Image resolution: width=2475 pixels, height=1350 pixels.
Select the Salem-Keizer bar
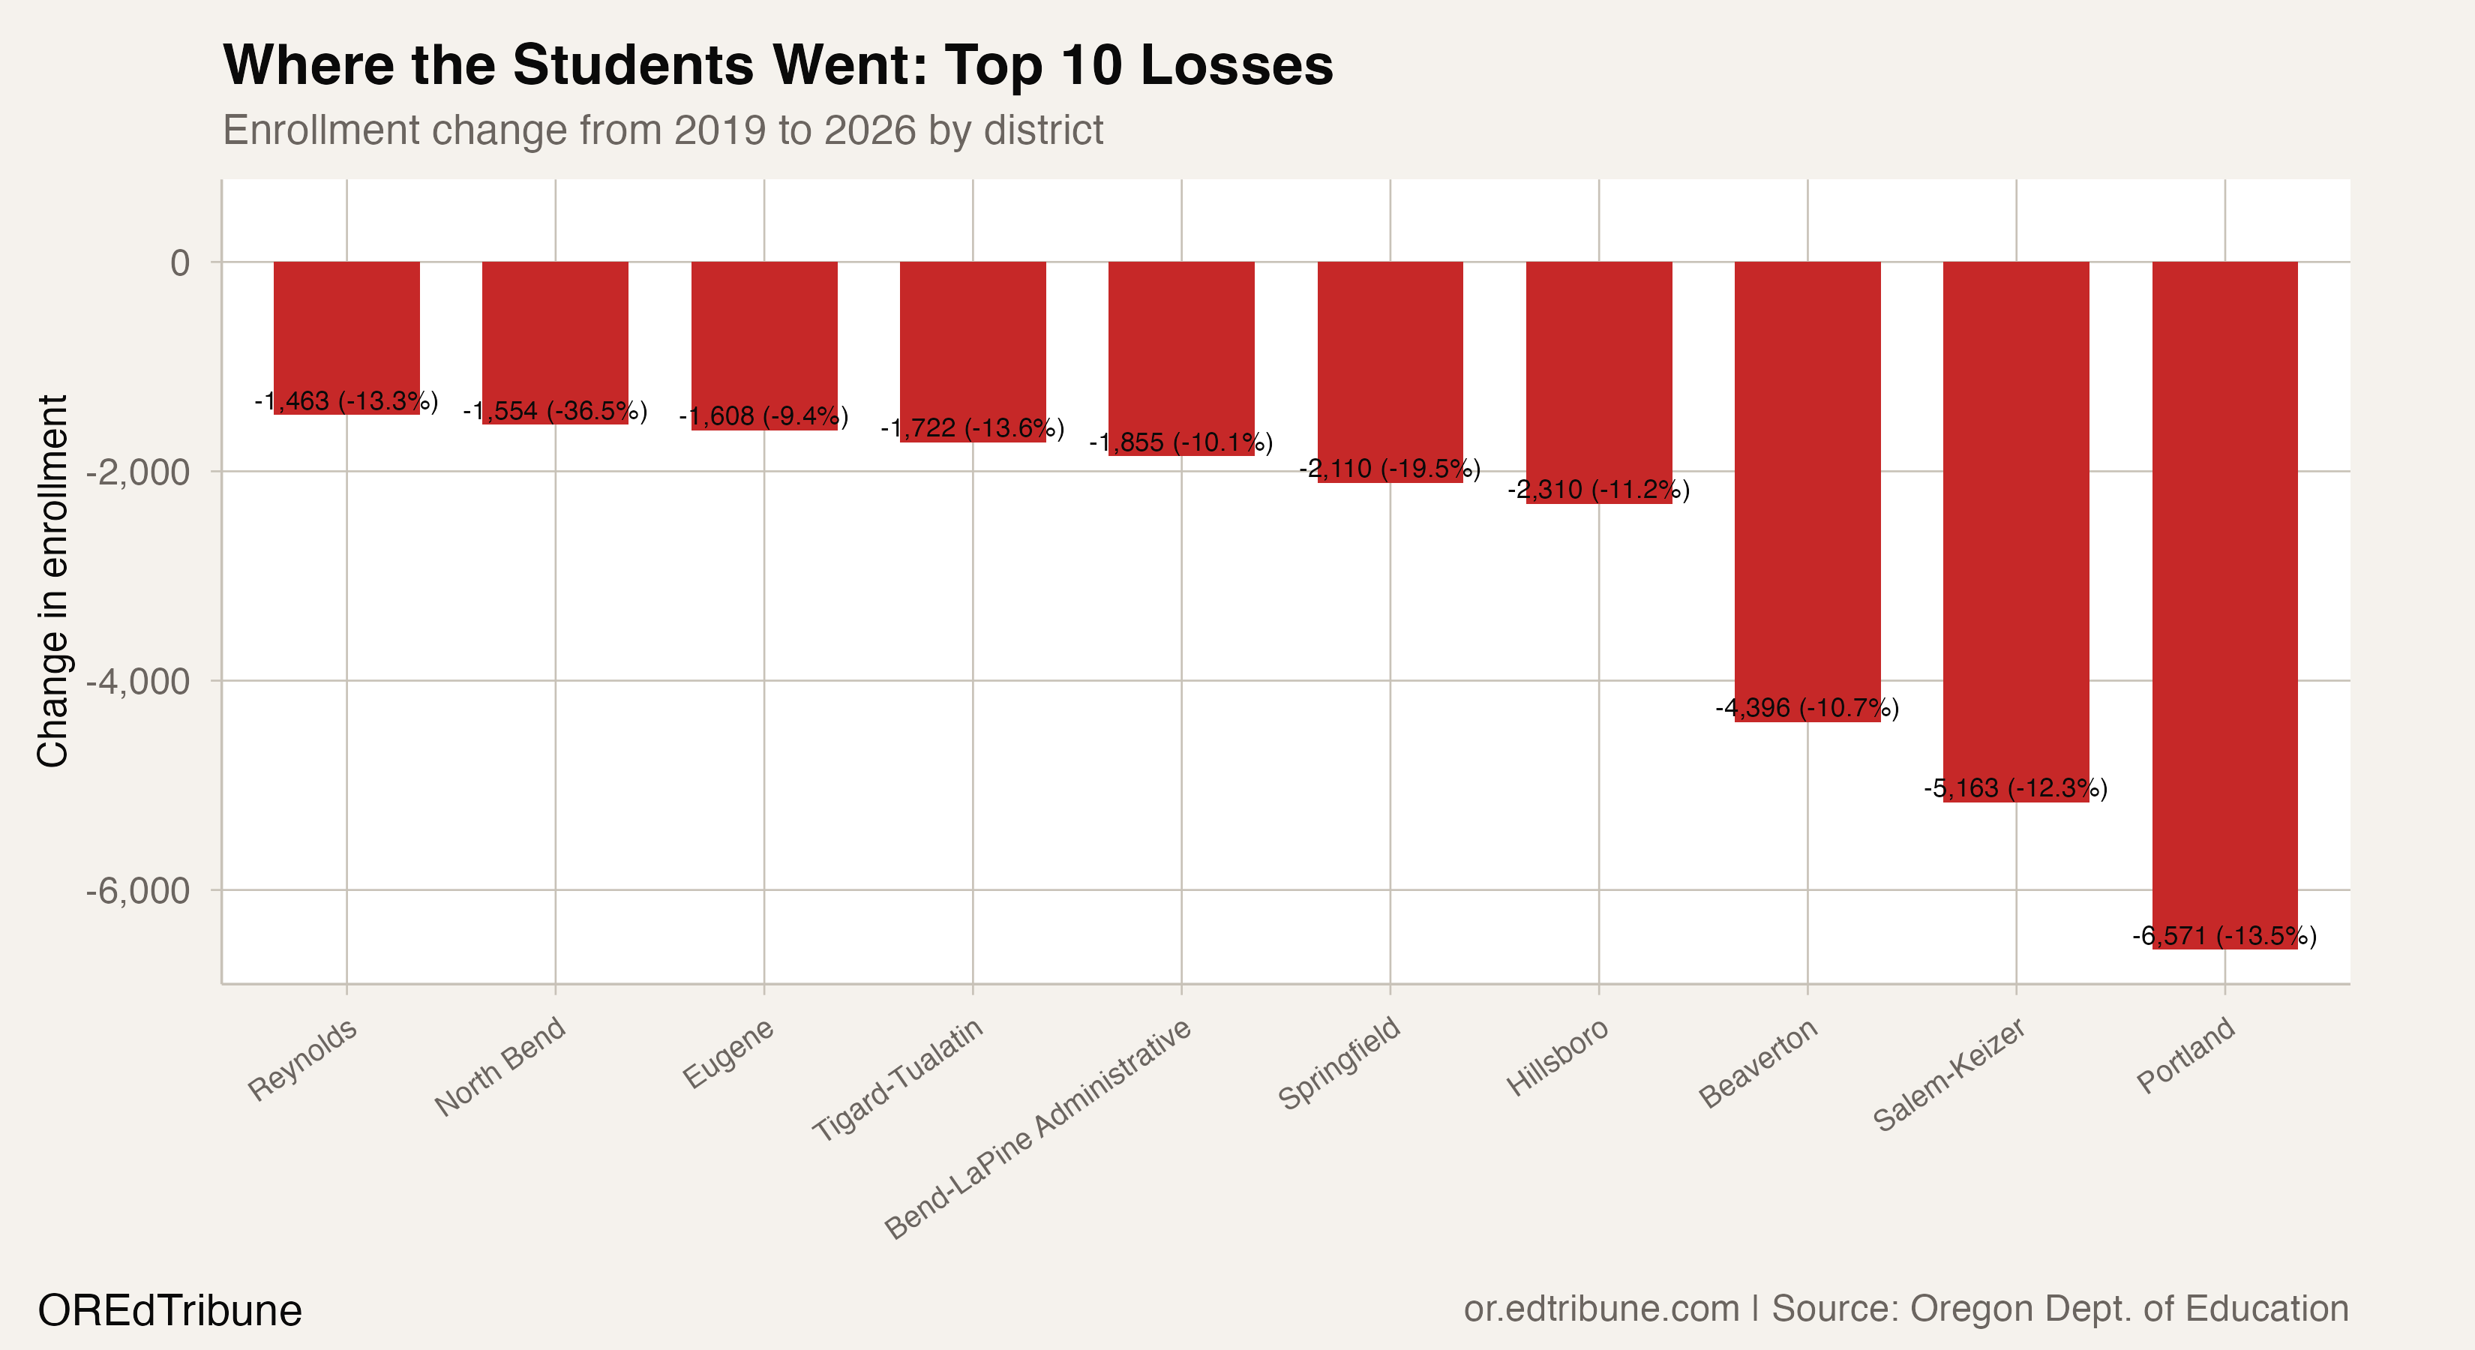coord(2016,529)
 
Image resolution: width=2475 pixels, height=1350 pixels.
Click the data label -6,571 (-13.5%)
coord(2224,936)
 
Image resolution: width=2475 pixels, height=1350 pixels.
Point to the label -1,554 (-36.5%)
coord(555,411)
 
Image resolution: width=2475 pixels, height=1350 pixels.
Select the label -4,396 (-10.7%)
coord(1807,708)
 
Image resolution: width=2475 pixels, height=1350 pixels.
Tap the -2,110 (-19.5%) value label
coord(1389,469)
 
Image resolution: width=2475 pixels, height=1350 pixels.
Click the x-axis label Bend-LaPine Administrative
coord(1038,1128)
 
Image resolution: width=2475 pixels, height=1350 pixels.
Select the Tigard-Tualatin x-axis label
coord(898,1079)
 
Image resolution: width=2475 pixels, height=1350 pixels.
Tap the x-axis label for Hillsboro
coord(1556,1057)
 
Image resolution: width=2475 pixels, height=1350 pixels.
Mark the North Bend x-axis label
coord(499,1066)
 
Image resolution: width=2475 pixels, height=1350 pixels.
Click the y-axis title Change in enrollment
coord(52,580)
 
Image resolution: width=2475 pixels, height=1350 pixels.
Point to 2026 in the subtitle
coord(869,130)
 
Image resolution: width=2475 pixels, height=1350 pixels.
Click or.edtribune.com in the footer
coord(1600,1309)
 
